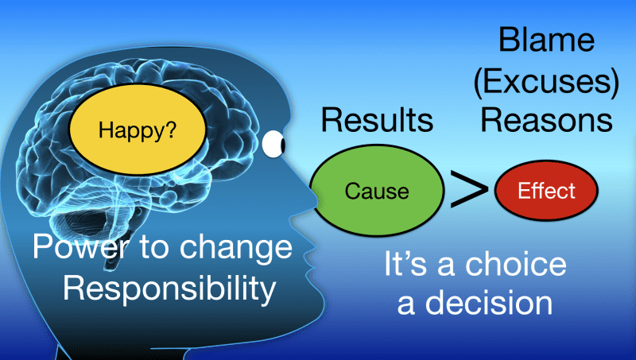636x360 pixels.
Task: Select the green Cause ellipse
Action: pos(377,191)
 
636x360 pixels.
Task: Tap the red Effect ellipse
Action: pos(546,192)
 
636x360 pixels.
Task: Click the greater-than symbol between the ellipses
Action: pos(471,192)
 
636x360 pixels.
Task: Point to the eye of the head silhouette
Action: pos(274,143)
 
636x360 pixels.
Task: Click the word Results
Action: pos(378,121)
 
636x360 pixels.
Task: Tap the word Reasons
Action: pos(547,121)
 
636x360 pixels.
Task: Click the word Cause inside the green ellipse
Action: pos(377,192)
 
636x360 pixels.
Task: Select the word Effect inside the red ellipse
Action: pos(546,192)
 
